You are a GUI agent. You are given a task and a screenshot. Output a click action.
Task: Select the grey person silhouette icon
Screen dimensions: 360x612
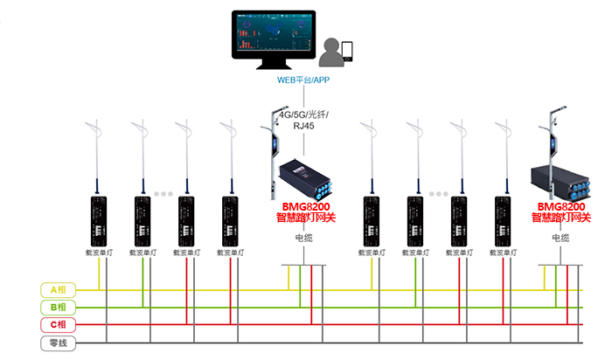coord(331,53)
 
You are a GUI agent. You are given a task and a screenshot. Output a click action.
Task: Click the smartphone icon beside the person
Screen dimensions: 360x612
coord(348,50)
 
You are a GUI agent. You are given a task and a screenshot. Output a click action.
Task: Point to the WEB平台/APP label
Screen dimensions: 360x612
coord(303,80)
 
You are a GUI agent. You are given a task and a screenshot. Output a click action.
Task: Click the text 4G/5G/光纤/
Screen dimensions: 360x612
coord(303,114)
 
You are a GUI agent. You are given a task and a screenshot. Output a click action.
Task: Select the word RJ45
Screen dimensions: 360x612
coord(304,127)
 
